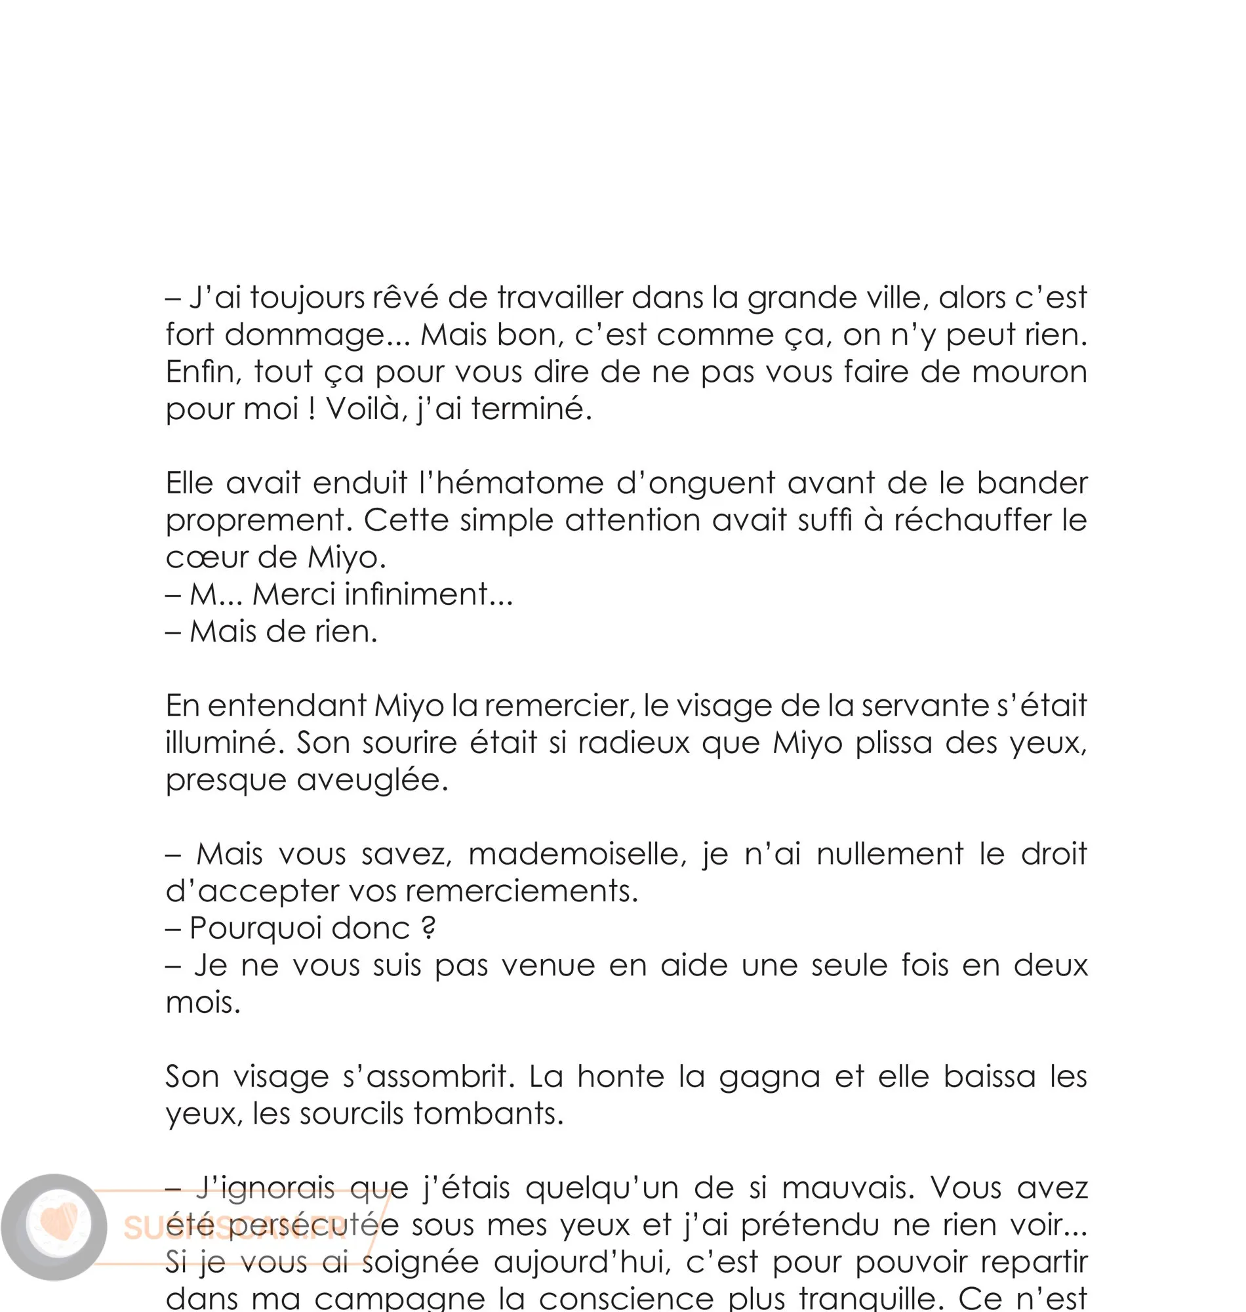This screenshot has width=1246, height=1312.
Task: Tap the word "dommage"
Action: pos(305,335)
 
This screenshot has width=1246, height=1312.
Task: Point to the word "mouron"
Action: pos(1029,372)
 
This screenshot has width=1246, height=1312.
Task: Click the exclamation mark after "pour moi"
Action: pos(311,409)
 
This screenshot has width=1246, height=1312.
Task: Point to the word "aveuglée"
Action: pos(372,781)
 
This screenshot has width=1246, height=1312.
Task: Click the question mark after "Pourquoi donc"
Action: pos(428,929)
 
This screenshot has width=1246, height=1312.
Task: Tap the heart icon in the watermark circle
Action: pos(58,1224)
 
